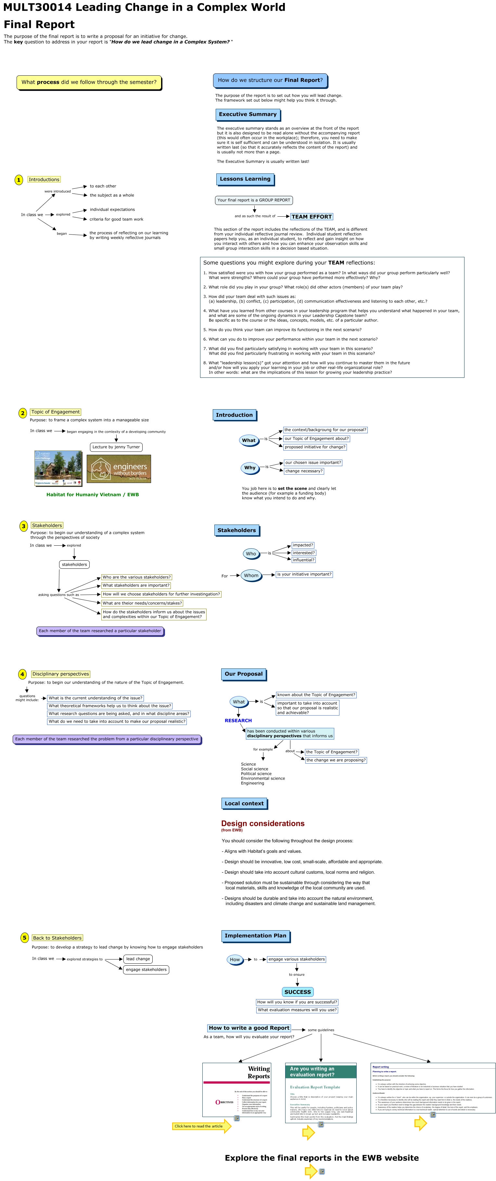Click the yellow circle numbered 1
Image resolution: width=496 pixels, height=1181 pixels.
click(x=19, y=180)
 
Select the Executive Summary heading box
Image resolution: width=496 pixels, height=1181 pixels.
click(x=248, y=114)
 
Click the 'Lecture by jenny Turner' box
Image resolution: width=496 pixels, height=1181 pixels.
click(x=116, y=447)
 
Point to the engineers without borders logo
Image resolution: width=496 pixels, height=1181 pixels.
click(x=119, y=469)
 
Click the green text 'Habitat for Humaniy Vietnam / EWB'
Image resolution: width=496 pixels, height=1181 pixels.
click(x=92, y=495)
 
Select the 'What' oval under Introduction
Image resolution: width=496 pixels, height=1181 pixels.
click(x=249, y=440)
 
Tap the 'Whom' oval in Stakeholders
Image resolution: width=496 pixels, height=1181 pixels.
click(x=251, y=575)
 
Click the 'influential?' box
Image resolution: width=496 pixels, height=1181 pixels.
click(x=303, y=560)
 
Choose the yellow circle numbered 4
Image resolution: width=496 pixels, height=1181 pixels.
click(x=22, y=674)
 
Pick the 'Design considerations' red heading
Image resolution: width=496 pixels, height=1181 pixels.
click(x=263, y=823)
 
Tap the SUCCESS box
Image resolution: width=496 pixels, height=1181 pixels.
click(x=298, y=992)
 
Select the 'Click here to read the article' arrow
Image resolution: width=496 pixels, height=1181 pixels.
click(x=201, y=1126)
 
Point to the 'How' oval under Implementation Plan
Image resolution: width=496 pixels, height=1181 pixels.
click(x=235, y=959)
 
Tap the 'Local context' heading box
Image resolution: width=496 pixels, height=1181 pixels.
click(x=244, y=803)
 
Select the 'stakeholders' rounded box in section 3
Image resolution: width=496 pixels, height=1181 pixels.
click(x=74, y=565)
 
